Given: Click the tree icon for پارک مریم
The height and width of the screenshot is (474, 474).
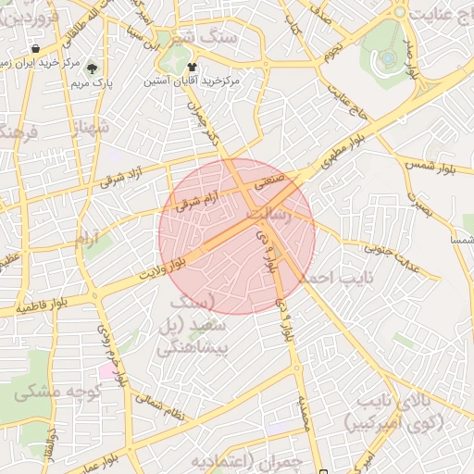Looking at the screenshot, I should pos(91,67).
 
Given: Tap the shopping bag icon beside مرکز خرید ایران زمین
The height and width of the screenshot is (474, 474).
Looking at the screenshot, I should pos(35,49).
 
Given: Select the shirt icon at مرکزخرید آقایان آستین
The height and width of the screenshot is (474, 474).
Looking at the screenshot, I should pos(192,67).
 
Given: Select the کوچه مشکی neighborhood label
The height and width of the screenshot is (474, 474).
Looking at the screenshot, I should pos(51,393).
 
